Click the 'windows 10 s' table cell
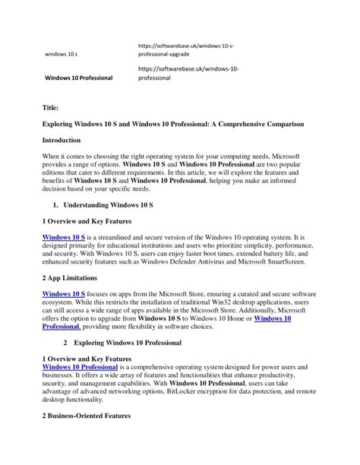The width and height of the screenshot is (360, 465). click(x=62, y=55)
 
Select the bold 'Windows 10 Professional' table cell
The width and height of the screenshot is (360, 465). click(x=79, y=77)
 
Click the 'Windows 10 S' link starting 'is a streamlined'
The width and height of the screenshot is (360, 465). click(x=63, y=237)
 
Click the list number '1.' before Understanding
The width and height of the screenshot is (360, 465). click(x=57, y=204)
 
